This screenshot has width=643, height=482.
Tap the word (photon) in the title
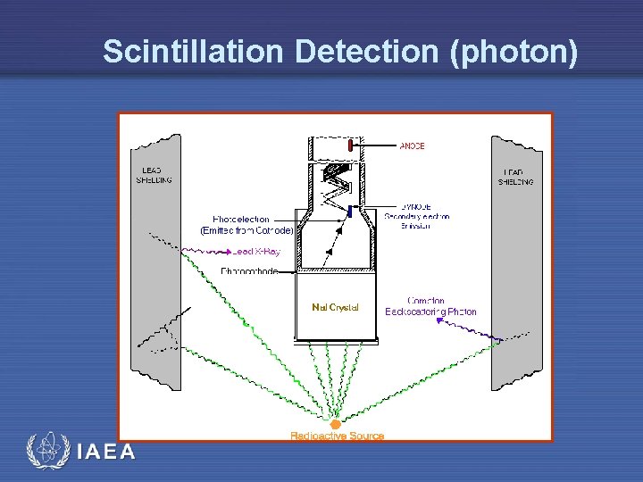(514, 52)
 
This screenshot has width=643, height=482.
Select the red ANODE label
(412, 145)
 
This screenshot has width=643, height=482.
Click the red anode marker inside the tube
(352, 145)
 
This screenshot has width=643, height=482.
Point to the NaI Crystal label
(335, 307)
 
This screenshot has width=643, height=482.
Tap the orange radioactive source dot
(336, 425)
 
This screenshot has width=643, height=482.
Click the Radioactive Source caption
(337, 436)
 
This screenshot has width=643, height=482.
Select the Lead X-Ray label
(256, 252)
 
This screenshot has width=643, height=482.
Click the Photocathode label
(249, 270)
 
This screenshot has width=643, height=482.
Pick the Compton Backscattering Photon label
(430, 306)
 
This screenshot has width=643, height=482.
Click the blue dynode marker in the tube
(351, 212)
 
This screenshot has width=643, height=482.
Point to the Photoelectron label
(241, 219)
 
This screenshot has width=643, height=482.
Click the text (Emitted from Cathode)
(246, 230)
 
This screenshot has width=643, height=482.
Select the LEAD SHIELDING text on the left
(154, 175)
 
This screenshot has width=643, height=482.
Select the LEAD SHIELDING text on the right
(515, 176)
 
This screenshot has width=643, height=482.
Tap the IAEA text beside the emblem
(105, 453)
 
